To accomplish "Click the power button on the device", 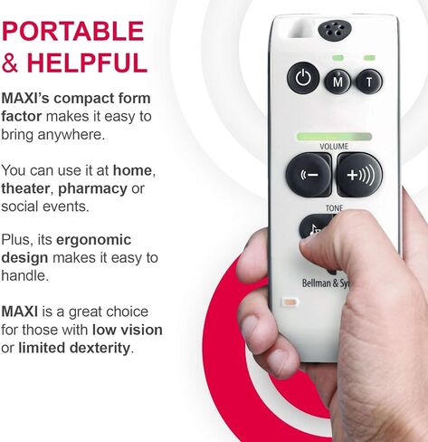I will [x=303, y=79].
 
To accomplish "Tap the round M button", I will [x=338, y=82].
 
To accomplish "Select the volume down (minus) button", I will [x=308, y=174].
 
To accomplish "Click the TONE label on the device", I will [x=334, y=207].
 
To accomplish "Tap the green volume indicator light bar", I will [x=333, y=136].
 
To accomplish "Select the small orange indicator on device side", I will [x=290, y=302].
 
